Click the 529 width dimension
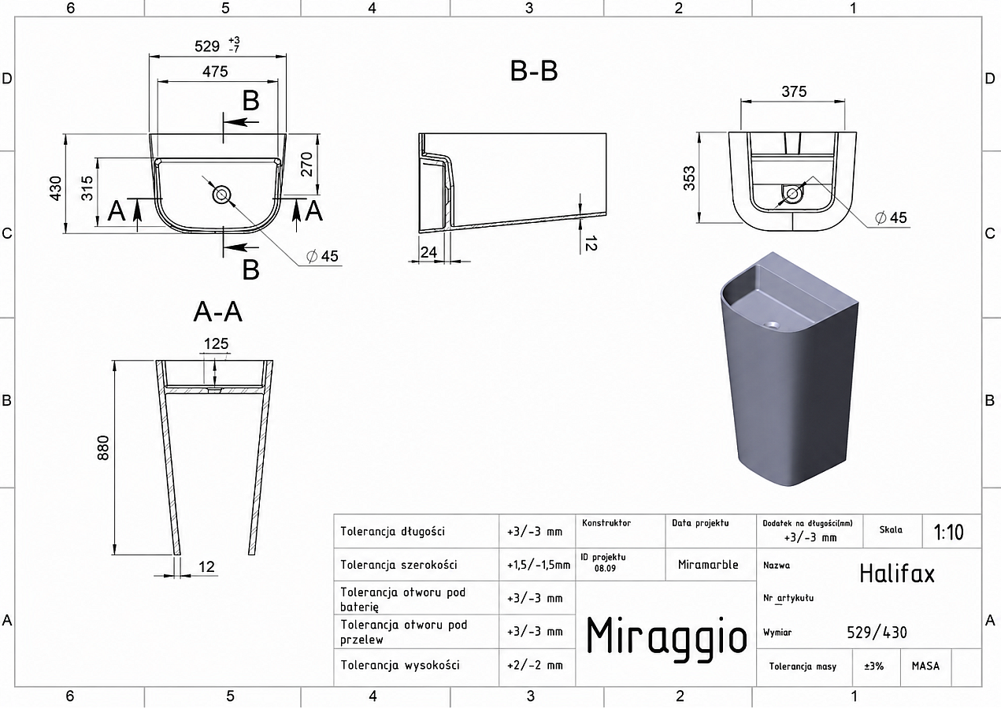coord(207,46)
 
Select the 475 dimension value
coord(215,72)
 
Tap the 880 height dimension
coord(103,447)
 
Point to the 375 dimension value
coord(794,91)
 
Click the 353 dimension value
coord(690,178)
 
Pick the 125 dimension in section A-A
coord(217,343)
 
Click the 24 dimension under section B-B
coord(428,253)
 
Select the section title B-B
coord(534,71)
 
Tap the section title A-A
coord(218,312)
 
